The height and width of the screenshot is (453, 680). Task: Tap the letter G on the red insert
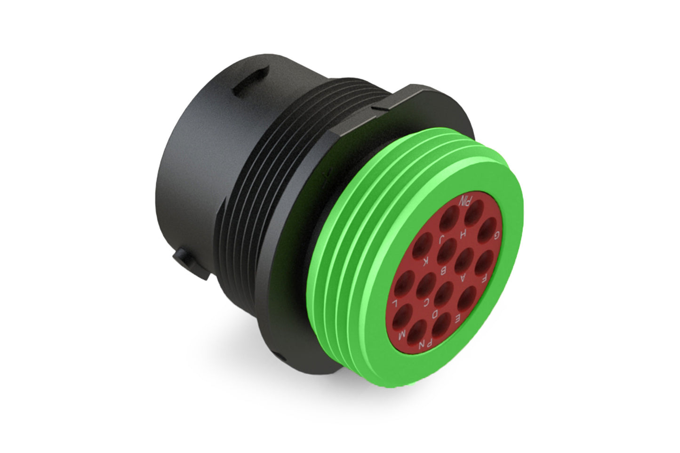point(496,235)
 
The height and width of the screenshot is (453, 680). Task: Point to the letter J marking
point(442,239)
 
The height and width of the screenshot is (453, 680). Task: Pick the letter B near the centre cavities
point(443,271)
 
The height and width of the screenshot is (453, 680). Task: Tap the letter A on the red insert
point(463,278)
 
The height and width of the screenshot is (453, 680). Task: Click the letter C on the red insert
point(425,302)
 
